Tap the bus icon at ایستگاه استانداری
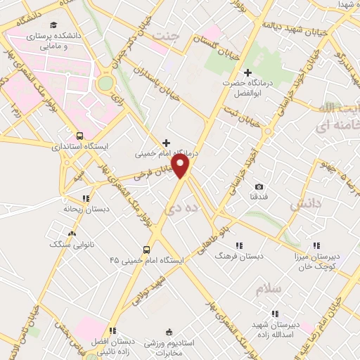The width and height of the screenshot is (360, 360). pos(79,135)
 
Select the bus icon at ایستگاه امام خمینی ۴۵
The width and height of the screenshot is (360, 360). pos(146,249)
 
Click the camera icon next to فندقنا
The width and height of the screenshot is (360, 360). pos(259,186)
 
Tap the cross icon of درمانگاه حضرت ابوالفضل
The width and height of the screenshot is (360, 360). pos(247,72)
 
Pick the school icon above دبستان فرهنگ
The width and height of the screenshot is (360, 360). pos(240,245)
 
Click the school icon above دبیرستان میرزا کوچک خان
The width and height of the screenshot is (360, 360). pos(316,245)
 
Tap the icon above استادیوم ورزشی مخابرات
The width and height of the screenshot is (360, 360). pos(167,332)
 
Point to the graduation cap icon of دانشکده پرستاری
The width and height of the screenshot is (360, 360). pos(34,33)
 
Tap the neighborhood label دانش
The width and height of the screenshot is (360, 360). pos(304,205)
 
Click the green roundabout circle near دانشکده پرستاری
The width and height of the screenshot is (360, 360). pos(105,84)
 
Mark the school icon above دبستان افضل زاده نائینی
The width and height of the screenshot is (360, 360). pos(112,330)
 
